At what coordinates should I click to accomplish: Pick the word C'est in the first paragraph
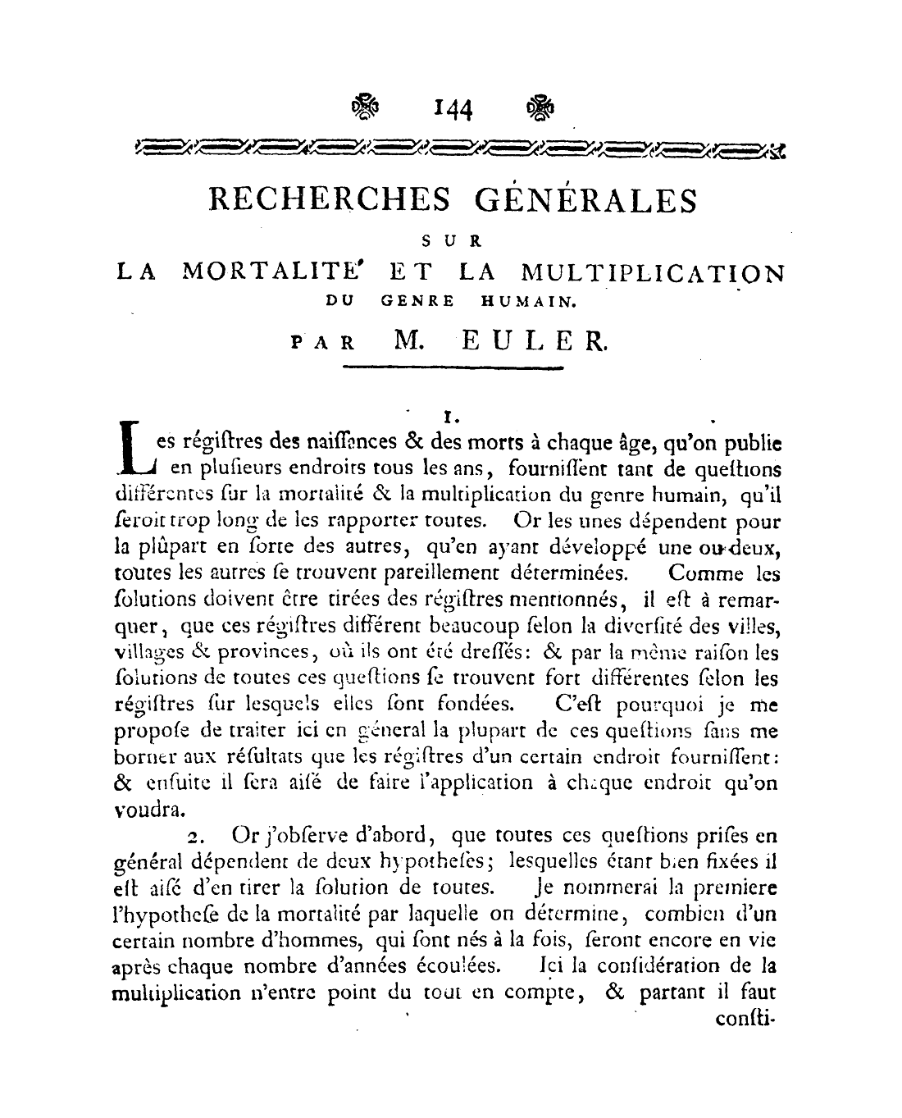pyautogui.click(x=578, y=704)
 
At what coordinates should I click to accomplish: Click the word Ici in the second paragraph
pyautogui.click(x=549, y=966)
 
